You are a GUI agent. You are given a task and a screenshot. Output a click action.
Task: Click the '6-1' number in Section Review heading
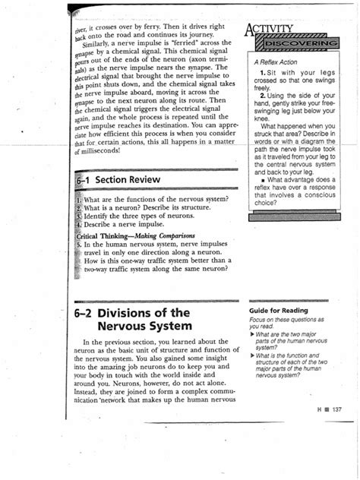pos(87,179)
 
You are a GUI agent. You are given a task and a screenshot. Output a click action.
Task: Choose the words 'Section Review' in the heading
pos(133,179)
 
